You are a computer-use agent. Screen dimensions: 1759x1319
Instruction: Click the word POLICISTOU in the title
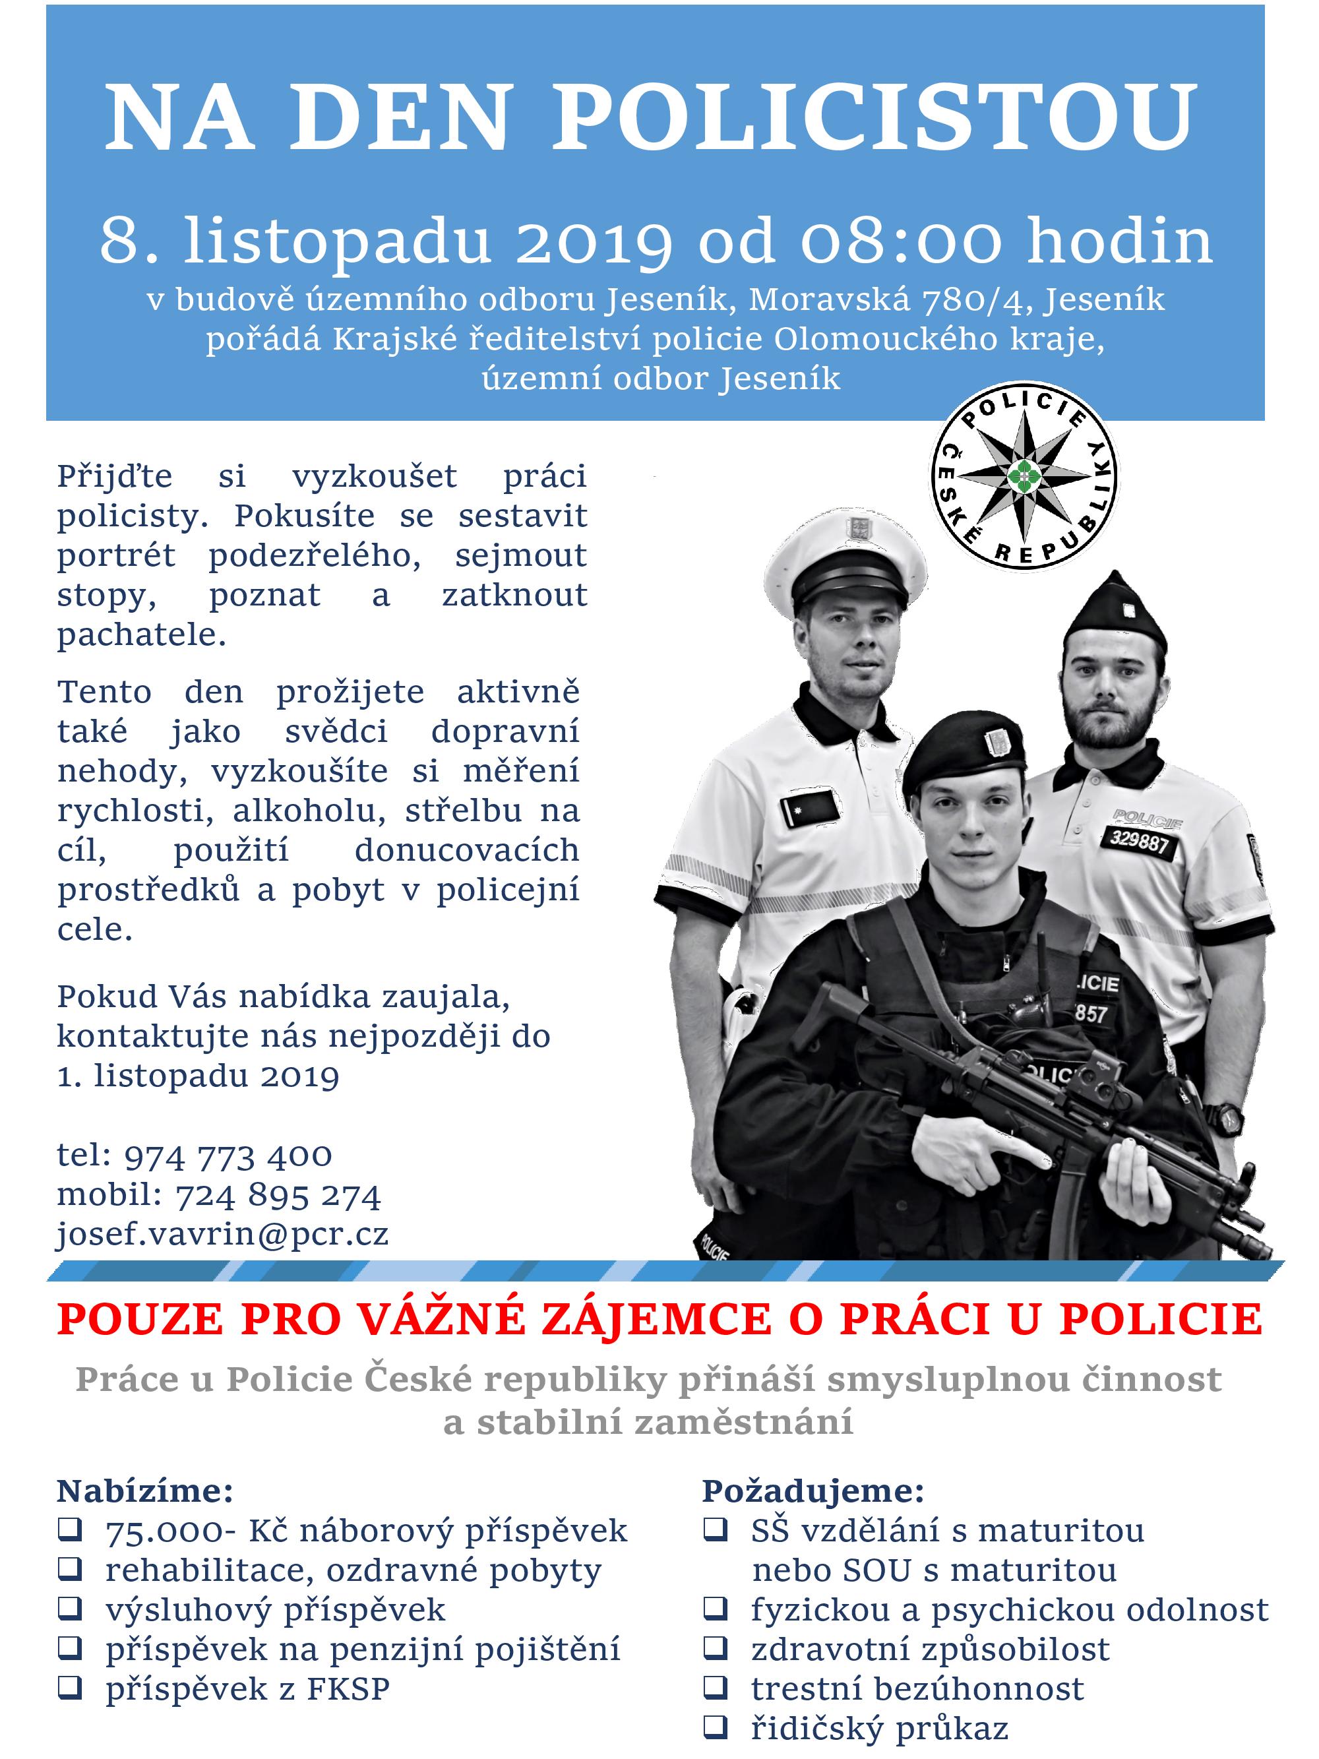coord(874,117)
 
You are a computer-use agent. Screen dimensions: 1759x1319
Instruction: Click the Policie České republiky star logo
coord(1024,475)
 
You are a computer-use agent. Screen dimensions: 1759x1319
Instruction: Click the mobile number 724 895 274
coord(278,1195)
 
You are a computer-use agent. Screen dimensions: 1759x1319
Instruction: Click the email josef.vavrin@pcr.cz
coord(223,1234)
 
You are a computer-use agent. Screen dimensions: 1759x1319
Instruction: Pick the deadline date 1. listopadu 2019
coord(199,1076)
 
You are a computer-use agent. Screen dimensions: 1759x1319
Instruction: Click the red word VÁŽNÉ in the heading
coord(434,1319)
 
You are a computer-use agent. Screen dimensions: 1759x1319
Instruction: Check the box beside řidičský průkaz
coord(716,1727)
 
